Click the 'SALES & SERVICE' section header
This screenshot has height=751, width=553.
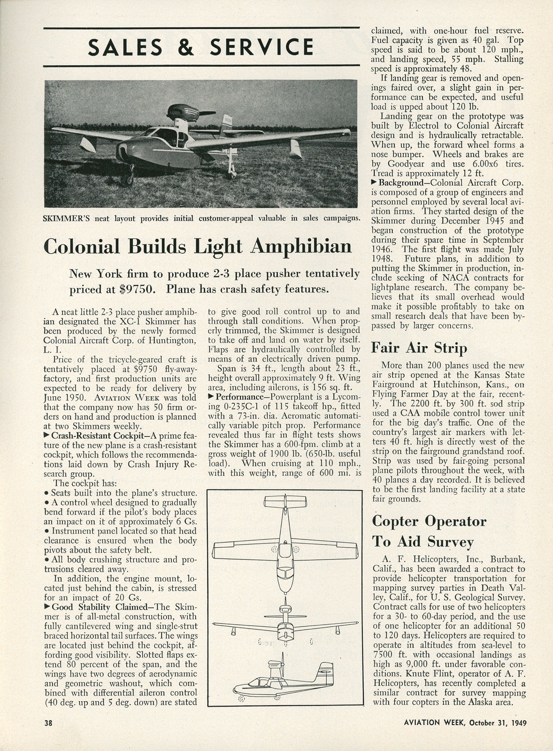tap(201, 46)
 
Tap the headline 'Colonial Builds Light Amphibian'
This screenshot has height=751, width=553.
tap(197, 246)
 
